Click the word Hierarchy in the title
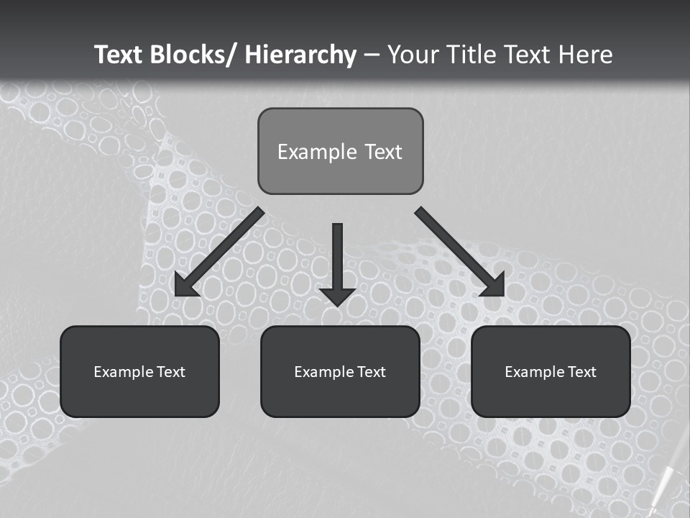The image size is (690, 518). (x=300, y=55)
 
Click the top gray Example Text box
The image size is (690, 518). (x=340, y=151)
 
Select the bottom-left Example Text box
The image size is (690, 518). (x=139, y=371)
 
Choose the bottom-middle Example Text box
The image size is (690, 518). (x=340, y=371)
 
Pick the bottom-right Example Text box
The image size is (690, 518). (x=551, y=371)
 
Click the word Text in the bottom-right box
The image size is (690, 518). (x=581, y=372)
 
